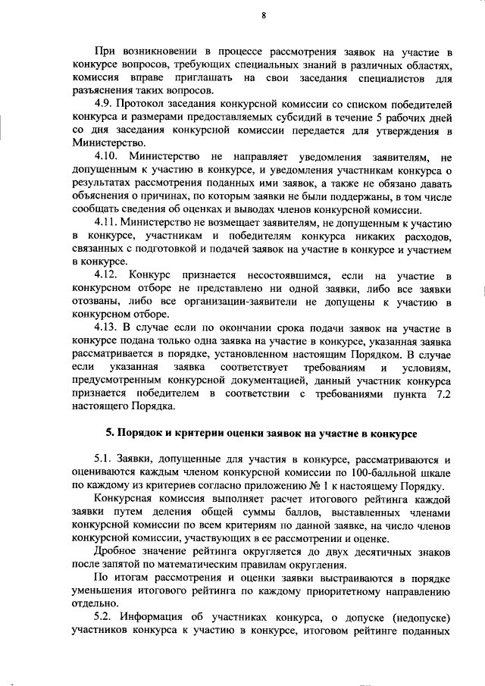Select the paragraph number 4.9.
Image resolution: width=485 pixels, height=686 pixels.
coord(105,102)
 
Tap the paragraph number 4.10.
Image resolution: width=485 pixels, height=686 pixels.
coord(108,156)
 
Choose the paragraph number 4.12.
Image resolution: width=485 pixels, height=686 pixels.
coord(108,274)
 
